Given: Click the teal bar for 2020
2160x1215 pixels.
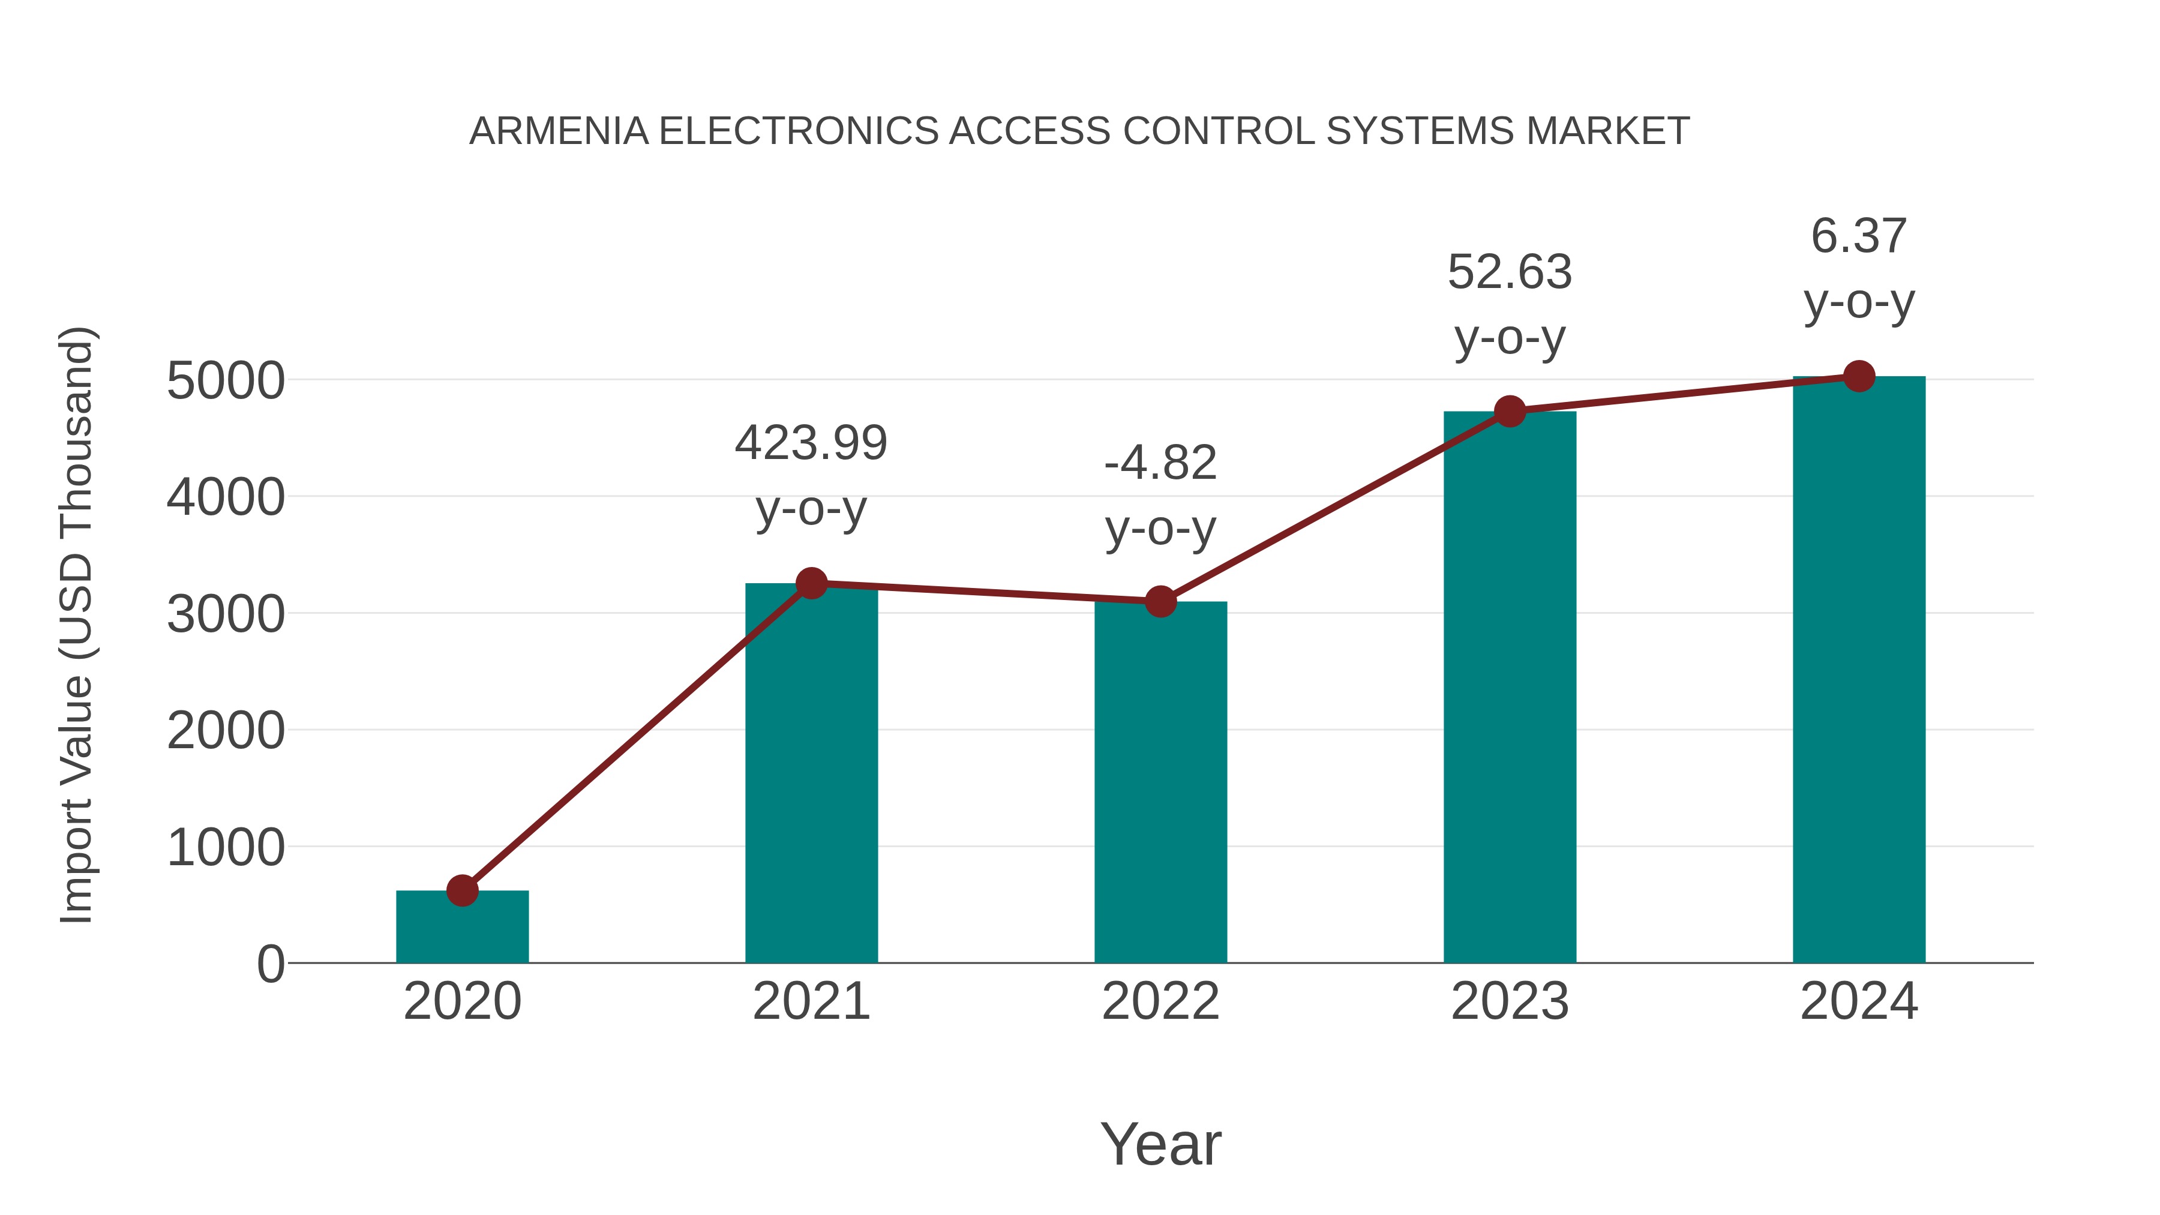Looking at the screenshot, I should [x=462, y=929].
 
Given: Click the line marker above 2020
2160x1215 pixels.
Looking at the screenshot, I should [x=462, y=890].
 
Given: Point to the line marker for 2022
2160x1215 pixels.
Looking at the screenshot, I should [x=1160, y=601].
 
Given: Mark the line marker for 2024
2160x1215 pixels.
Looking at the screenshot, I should [x=1859, y=376].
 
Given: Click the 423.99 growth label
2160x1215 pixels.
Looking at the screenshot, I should [x=811, y=443].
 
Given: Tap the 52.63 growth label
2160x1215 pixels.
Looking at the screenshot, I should [x=1510, y=272].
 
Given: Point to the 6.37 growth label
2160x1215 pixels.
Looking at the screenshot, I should [x=1859, y=236].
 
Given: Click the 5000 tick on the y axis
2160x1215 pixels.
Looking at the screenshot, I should [x=226, y=382].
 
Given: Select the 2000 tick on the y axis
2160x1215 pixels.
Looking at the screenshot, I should [x=226, y=731].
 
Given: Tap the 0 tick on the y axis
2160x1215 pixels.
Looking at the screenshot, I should [x=270, y=964].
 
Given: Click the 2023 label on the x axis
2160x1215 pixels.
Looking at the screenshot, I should [x=1510, y=1001].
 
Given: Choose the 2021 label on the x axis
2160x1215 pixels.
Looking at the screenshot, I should [x=811, y=1001].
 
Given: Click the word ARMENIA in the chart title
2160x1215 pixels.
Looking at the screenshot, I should [x=559, y=131].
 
